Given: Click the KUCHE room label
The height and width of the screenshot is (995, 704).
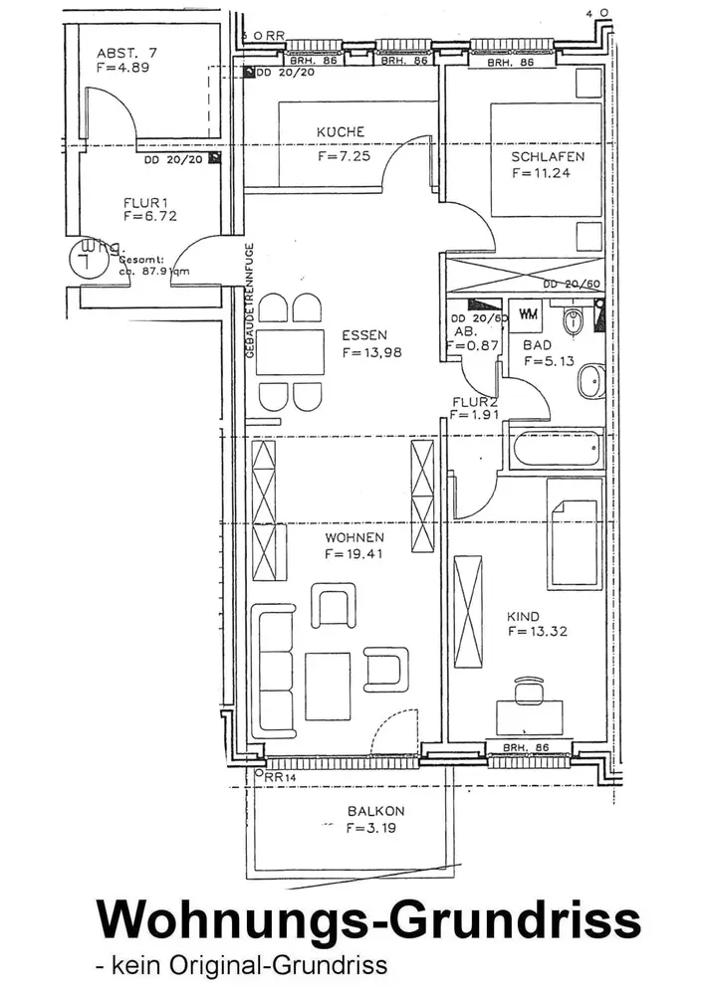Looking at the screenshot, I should coord(341,132).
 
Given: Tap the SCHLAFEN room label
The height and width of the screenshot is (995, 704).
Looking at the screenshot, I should coord(547,156).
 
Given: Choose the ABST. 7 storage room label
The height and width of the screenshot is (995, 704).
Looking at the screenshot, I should coord(126,53).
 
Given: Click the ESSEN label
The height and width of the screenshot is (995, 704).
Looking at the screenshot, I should coord(363,335).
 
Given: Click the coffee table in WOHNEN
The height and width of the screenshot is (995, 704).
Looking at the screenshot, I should coord(327,679).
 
